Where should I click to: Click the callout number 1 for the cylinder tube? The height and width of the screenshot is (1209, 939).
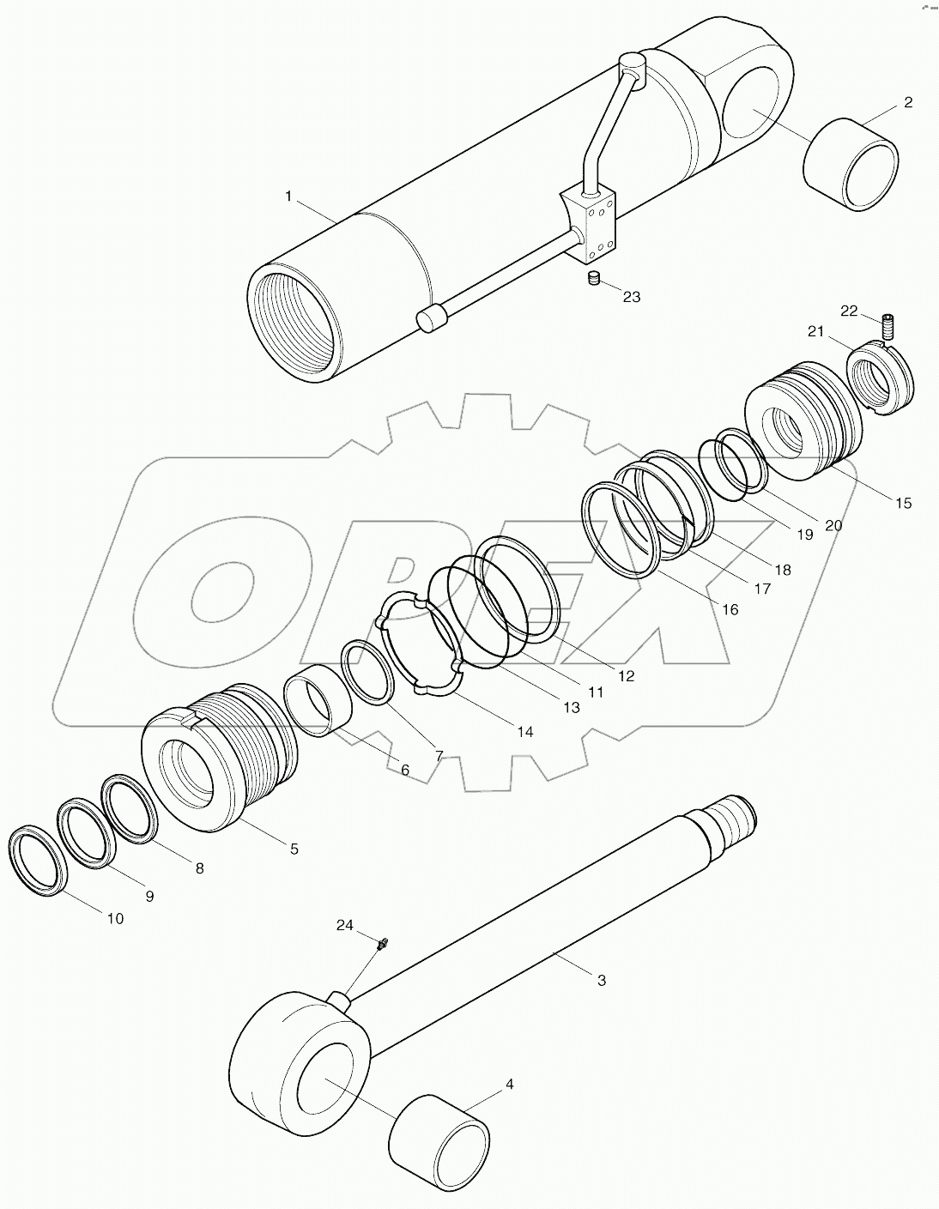point(288,196)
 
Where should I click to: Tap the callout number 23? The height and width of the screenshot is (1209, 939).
point(631,297)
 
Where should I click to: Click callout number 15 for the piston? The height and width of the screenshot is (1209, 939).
point(903,503)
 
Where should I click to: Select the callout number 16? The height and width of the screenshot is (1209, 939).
point(730,609)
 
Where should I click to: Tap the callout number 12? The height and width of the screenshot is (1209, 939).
point(626,675)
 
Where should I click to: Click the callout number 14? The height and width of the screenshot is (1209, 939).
point(524,731)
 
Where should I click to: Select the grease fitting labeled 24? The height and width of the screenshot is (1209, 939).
point(382,945)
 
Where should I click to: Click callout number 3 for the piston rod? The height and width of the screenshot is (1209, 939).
point(601,979)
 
